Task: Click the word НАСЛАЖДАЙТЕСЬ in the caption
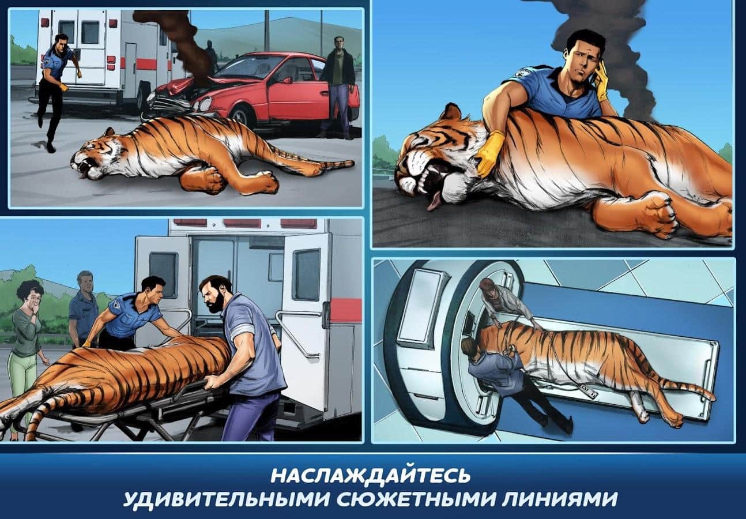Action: [370, 476]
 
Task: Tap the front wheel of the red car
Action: [245, 117]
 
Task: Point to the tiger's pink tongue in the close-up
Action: [433, 202]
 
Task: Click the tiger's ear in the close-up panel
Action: [450, 114]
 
